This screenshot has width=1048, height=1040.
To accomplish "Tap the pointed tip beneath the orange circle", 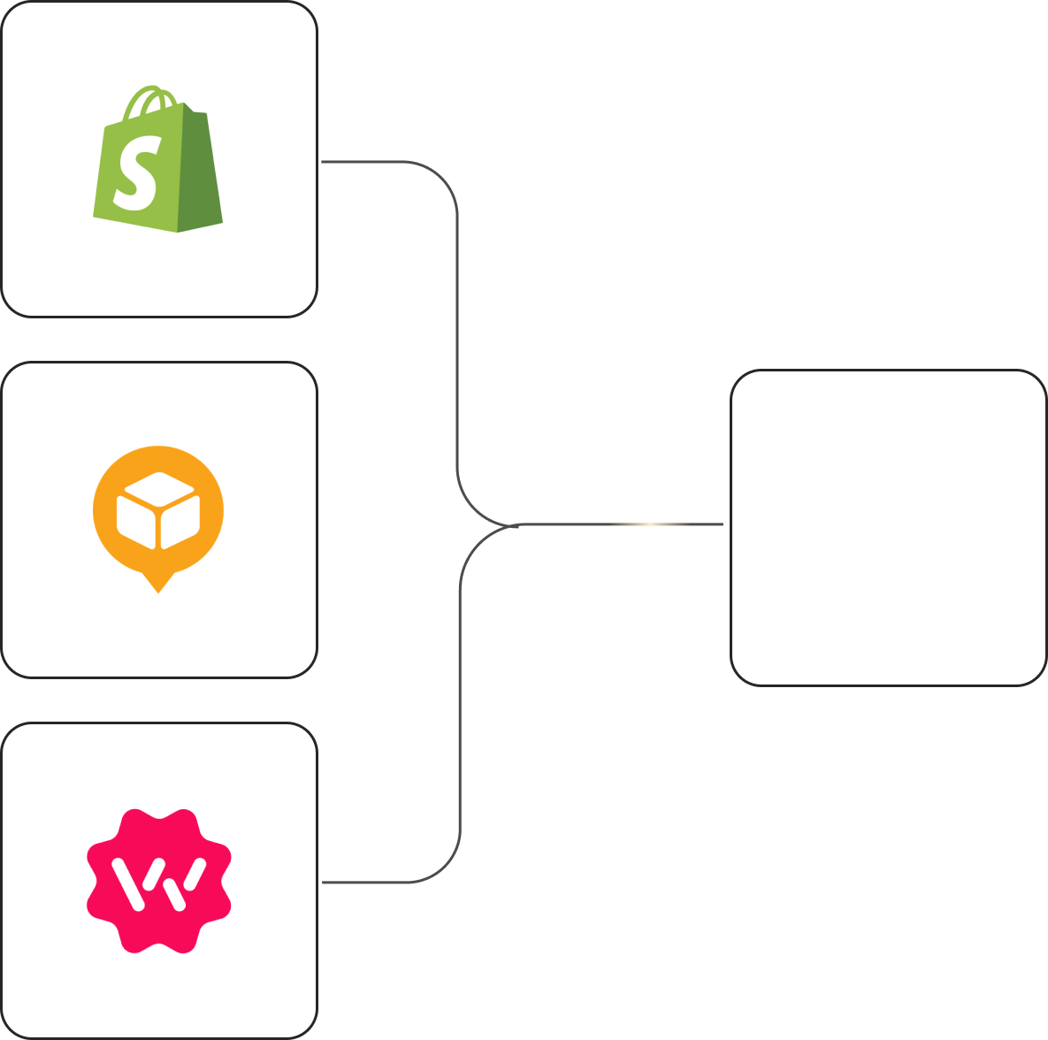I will point(158,585).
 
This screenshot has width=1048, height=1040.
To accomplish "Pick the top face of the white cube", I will point(158,491).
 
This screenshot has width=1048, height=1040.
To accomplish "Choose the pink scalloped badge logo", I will point(159,881).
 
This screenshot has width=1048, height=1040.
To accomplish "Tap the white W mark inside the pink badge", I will point(159,883).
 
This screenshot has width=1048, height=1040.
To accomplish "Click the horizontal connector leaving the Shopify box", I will point(363,162).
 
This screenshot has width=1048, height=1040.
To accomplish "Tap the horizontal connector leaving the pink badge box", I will point(363,883).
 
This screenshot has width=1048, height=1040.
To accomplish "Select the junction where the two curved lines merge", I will point(513,525).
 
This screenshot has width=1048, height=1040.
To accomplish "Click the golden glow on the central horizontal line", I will point(650,524).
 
